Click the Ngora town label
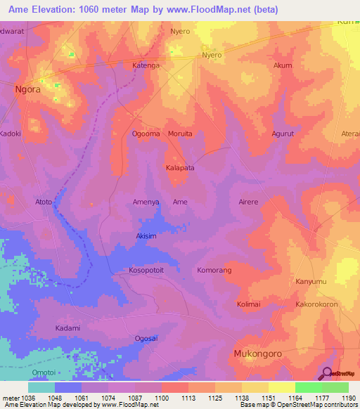tap(28, 90)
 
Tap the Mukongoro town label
tap(261, 355)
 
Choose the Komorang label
tap(214, 270)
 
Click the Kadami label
tap(67, 328)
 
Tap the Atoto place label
tap(44, 202)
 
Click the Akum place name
tap(282, 65)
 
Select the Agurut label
tap(285, 133)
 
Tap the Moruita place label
tap(180, 133)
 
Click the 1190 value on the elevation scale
tap(349, 398)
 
